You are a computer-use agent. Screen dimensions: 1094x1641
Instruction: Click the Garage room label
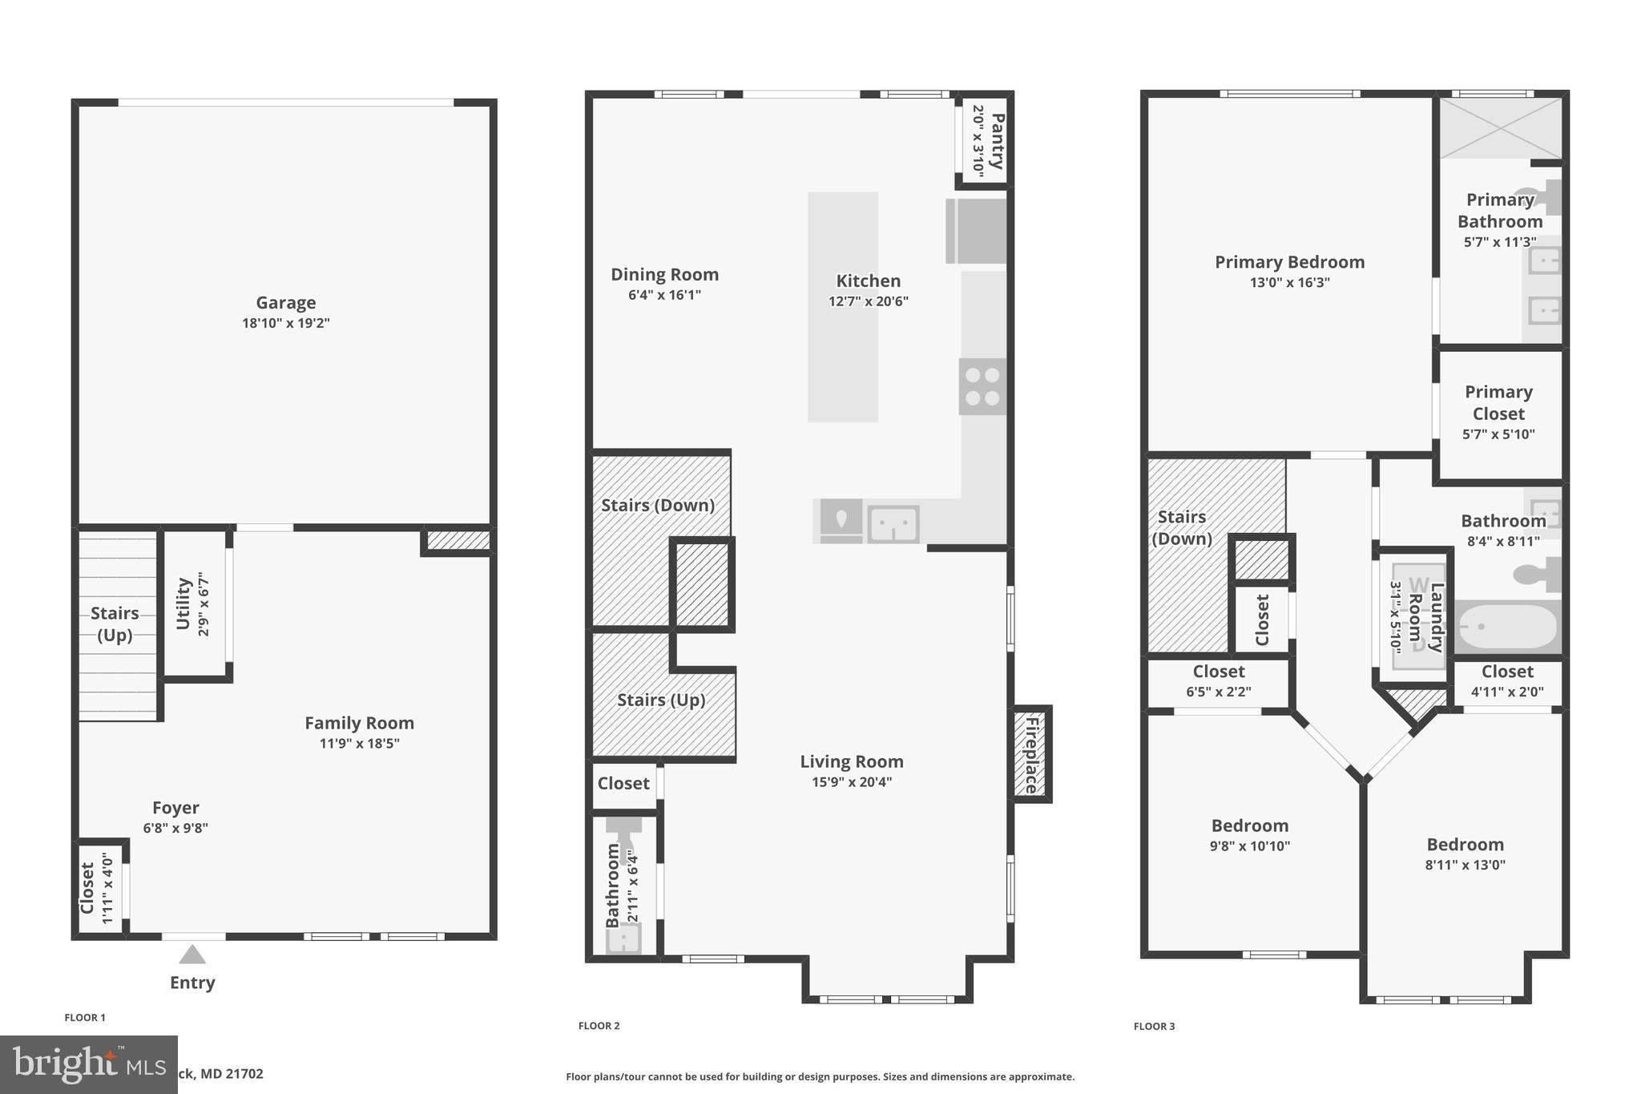[x=285, y=303]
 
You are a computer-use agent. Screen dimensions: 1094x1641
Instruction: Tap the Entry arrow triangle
[x=192, y=955]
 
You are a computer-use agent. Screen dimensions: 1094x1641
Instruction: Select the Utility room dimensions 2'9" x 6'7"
[x=204, y=604]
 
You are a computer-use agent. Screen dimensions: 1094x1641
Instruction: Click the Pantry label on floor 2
[x=998, y=141]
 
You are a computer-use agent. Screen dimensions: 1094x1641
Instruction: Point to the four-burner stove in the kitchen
[x=982, y=386]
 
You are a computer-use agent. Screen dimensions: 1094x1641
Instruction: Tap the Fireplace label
[x=1031, y=755]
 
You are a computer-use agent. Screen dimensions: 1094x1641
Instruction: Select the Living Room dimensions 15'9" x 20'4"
[x=851, y=782]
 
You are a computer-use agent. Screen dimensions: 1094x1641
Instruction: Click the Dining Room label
[x=664, y=275]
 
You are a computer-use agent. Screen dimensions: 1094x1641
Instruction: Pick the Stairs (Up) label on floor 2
[x=661, y=700]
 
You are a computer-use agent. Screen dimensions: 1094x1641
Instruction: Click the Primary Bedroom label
[x=1289, y=262]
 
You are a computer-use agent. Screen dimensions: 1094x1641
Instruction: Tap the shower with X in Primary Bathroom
[x=1501, y=127]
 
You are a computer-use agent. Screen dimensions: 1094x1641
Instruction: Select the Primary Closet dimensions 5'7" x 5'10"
[x=1498, y=434]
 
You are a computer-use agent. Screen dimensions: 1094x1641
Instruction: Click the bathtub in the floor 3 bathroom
[x=1506, y=627]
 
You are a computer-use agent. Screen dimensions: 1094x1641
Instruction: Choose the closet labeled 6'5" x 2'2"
[x=1218, y=681]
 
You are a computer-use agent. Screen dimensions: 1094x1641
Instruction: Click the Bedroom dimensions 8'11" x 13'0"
[x=1465, y=865]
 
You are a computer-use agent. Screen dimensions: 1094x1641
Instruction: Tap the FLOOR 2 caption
[x=599, y=1026]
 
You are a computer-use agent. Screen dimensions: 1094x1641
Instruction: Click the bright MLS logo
[x=88, y=1064]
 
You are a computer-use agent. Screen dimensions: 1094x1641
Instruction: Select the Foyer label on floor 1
[x=175, y=808]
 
